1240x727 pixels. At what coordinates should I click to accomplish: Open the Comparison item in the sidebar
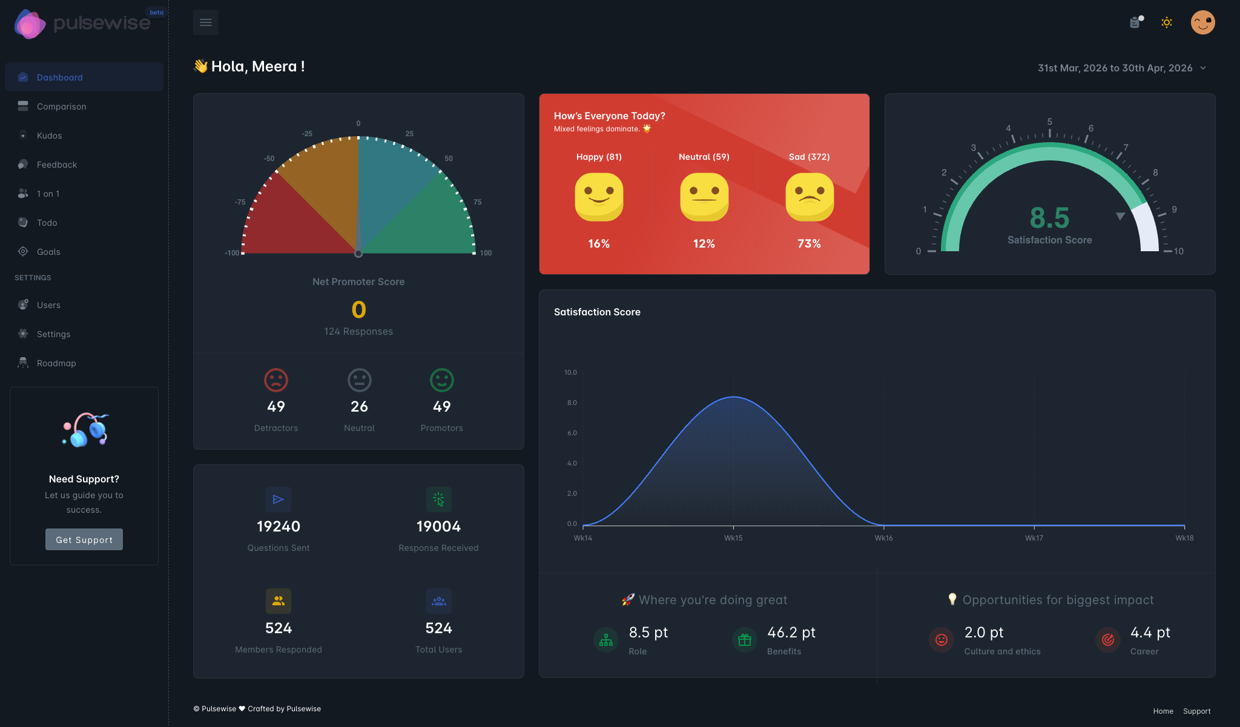(x=61, y=107)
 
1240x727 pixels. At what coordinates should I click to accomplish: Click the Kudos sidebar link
(x=49, y=136)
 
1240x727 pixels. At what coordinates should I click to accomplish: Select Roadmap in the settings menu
(x=56, y=363)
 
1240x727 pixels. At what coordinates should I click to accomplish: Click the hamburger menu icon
(x=206, y=22)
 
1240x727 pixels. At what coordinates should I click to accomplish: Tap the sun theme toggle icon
(x=1166, y=22)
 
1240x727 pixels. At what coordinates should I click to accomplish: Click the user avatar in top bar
(x=1202, y=22)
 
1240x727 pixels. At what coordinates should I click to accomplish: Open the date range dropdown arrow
(x=1203, y=68)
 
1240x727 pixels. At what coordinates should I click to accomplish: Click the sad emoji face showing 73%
(x=809, y=197)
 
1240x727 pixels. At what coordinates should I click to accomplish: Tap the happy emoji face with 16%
(x=599, y=197)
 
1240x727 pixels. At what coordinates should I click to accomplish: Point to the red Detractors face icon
(x=276, y=380)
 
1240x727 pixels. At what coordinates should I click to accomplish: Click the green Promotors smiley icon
(x=441, y=380)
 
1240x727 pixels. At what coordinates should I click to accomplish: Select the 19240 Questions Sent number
(x=279, y=527)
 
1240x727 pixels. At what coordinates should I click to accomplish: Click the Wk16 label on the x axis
(x=883, y=538)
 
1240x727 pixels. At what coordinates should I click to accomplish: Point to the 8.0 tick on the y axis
(x=572, y=403)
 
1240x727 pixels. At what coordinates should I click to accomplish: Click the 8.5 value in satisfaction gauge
(x=1049, y=218)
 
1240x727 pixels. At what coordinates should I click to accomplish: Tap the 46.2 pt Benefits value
(x=791, y=633)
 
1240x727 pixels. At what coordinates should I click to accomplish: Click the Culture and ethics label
(x=1002, y=651)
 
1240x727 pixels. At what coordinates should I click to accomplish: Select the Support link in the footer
(x=1196, y=711)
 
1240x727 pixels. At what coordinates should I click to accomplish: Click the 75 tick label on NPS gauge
(x=478, y=202)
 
